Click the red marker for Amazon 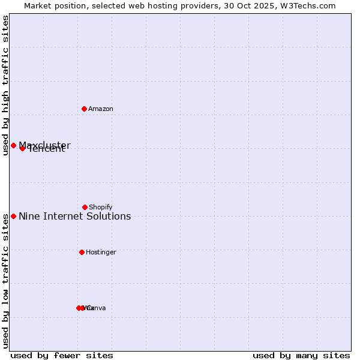pos(84,109)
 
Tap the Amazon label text pos(101,109)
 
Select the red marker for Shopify pos(85,207)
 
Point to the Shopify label pos(101,207)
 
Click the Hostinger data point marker pos(82,252)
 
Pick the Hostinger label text pos(101,252)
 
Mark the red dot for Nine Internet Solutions pos(13,216)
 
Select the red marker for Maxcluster pos(13,145)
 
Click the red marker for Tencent pos(22,148)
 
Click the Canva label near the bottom pos(96,308)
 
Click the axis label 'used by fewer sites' pos(62,355)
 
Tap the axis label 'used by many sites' pos(301,355)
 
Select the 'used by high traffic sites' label pos(5,85)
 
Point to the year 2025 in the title pos(268,5)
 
